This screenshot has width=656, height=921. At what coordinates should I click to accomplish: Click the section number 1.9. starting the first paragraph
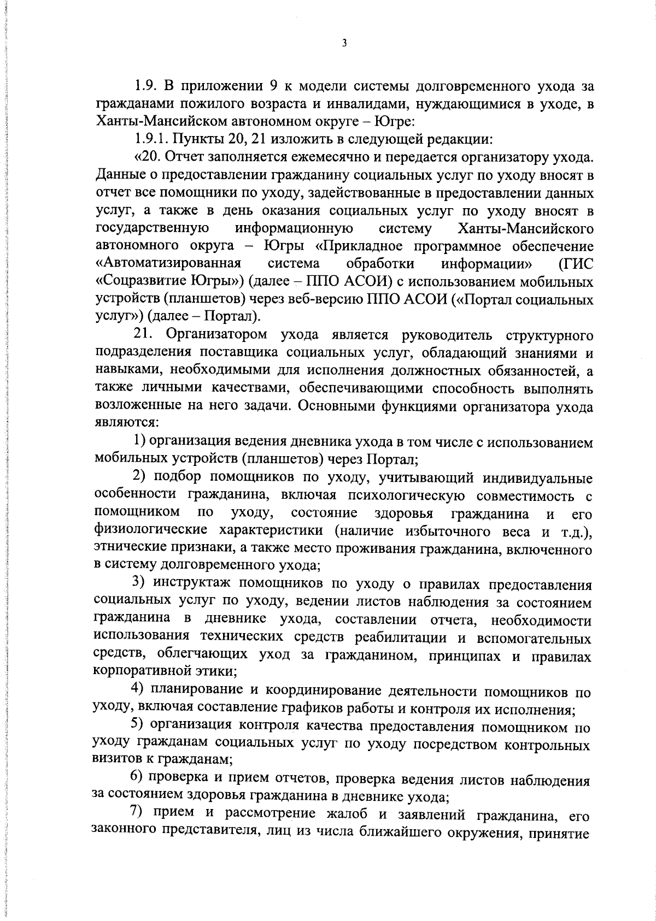[x=146, y=86]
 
